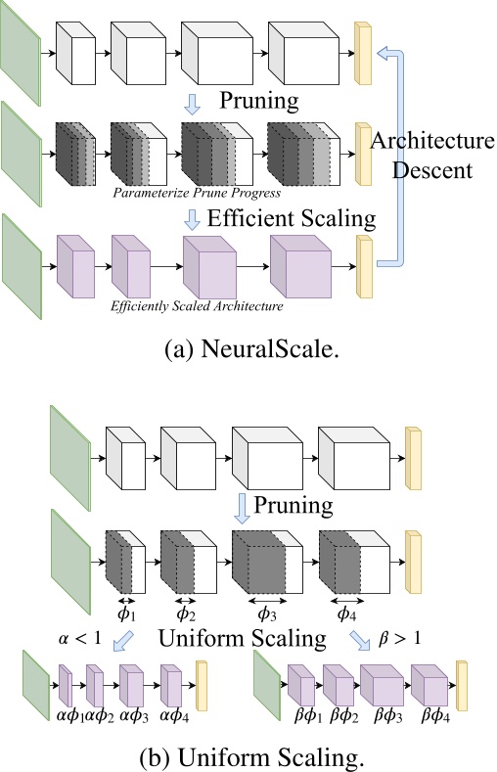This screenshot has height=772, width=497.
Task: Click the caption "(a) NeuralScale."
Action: [x=252, y=350]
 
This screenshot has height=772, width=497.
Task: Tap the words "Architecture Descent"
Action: [x=432, y=156]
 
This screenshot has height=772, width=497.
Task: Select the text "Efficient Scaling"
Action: [x=292, y=217]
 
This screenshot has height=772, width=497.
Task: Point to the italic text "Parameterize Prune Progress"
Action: [x=197, y=192]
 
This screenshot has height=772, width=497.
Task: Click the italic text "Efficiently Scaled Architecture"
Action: [x=197, y=306]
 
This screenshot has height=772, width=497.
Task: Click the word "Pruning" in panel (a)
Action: [x=259, y=101]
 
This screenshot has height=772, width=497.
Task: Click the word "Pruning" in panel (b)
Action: [x=294, y=505]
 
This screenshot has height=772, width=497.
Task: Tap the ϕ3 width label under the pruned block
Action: [x=267, y=614]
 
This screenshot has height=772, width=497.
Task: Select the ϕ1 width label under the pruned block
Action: [x=126, y=614]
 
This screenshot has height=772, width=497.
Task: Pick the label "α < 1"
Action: [x=80, y=639]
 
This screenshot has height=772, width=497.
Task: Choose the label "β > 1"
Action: [x=399, y=639]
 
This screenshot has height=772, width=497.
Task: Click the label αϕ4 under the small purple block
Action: [x=175, y=715]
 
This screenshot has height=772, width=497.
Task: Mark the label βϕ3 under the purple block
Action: [x=387, y=715]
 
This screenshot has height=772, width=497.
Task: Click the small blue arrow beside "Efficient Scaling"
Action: [x=192, y=219]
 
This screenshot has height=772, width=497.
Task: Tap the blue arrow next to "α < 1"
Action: [x=123, y=642]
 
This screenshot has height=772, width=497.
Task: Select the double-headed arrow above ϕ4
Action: [x=347, y=601]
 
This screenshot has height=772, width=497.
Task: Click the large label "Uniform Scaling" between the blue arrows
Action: [x=242, y=639]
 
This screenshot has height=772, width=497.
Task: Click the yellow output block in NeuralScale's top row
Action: [x=363, y=53]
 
